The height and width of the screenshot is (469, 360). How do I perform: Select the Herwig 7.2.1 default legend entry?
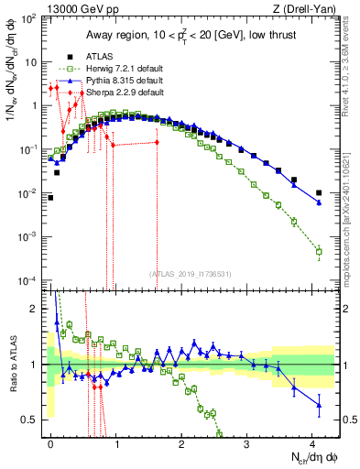(x=118, y=69)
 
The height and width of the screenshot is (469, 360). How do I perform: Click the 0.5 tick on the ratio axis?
(x=34, y=420)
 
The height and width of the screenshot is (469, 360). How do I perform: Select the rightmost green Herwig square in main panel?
(x=318, y=251)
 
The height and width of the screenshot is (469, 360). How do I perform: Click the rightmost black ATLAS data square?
(x=318, y=192)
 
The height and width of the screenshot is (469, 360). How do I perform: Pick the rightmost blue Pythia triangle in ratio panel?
(x=318, y=404)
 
